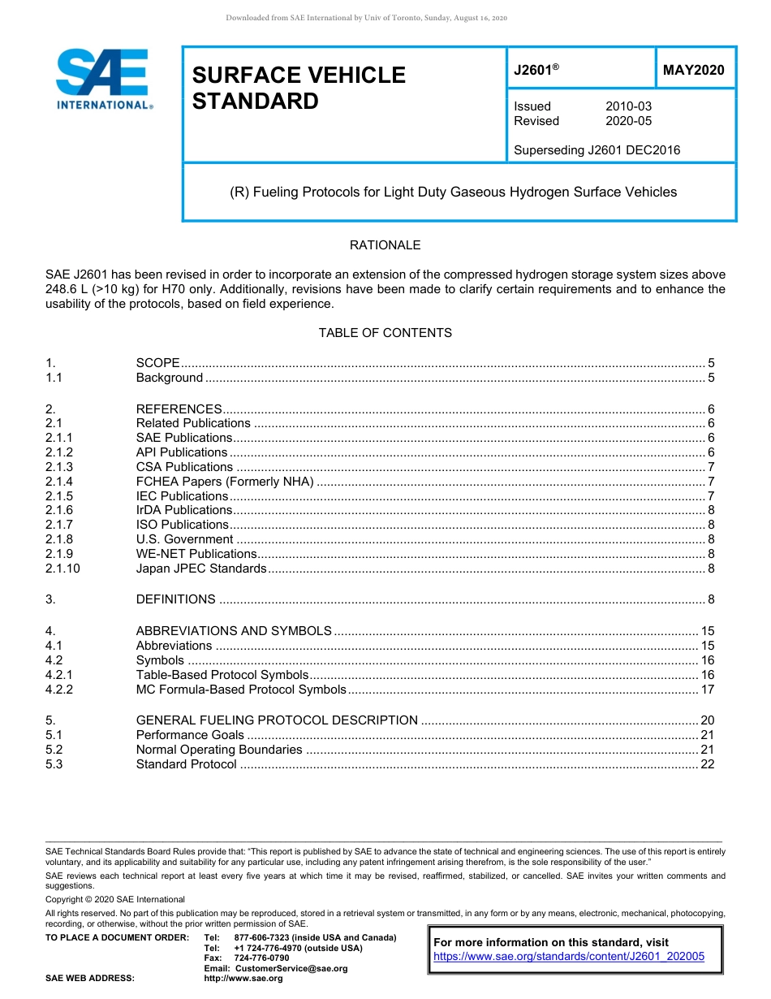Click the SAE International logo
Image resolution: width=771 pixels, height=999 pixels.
coord(103,79)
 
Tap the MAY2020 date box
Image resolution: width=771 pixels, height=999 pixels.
coord(694,71)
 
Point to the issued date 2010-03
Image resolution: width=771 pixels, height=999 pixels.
coord(628,106)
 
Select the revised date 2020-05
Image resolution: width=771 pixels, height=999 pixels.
coord(628,121)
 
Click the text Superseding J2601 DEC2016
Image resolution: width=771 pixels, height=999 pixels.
coord(597,149)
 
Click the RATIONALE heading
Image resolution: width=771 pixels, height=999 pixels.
coord(385,244)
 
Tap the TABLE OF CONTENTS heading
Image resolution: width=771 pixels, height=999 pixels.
coord(385,333)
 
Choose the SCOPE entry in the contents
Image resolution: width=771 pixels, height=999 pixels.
coord(157,363)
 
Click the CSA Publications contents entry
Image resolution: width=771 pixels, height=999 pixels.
coord(184,467)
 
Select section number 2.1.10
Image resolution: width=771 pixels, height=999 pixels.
coord(63,569)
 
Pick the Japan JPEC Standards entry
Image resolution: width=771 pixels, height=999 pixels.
coord(201,569)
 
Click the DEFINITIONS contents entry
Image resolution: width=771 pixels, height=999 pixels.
coord(175,599)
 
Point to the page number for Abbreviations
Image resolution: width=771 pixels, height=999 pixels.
coord(707,646)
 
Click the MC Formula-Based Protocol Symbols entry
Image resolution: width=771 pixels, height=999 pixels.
coord(241,690)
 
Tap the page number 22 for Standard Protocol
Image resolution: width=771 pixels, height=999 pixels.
coord(707,764)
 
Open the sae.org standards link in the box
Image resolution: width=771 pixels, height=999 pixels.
coord(569,957)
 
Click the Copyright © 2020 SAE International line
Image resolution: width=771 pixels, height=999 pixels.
coord(115,899)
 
